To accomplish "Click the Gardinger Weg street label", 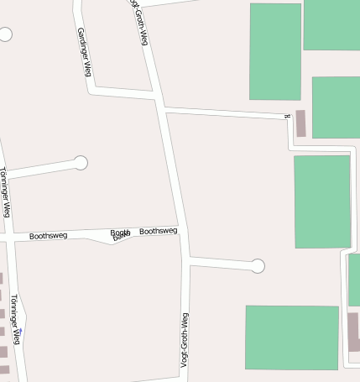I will click(83, 52).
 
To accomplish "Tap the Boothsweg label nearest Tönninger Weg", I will click(48, 237).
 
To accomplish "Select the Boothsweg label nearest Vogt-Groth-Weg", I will click(158, 231).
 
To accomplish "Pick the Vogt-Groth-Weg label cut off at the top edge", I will click(139, 20).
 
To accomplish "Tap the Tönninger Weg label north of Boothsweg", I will click(5, 192).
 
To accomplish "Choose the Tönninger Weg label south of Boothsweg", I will click(14, 318).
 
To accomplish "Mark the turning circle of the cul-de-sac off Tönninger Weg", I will click(81, 162).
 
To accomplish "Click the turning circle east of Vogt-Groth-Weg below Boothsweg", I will click(258, 266).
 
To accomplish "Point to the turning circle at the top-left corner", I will click(5, 34).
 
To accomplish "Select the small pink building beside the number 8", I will click(300, 123).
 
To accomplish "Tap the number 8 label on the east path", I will click(287, 117).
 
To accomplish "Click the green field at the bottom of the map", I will click(291, 337).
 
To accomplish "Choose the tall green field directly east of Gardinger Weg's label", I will click(274, 51).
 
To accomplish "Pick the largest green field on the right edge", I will click(321, 201).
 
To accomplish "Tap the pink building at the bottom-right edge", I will click(353, 331).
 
